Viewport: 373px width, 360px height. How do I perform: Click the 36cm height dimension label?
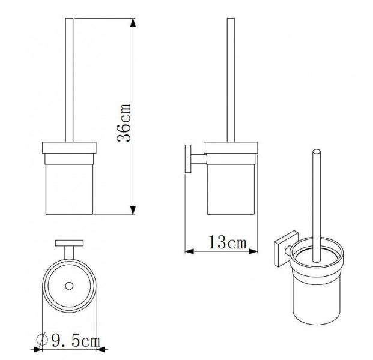click(x=124, y=123)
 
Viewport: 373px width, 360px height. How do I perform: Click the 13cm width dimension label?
click(x=228, y=242)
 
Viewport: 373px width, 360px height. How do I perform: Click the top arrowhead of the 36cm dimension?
click(x=133, y=23)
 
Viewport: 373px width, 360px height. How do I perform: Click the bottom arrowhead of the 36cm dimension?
click(x=133, y=210)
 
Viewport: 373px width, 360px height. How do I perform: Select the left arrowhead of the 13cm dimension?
click(x=190, y=251)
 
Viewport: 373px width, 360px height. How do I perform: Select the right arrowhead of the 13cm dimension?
click(x=253, y=251)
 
